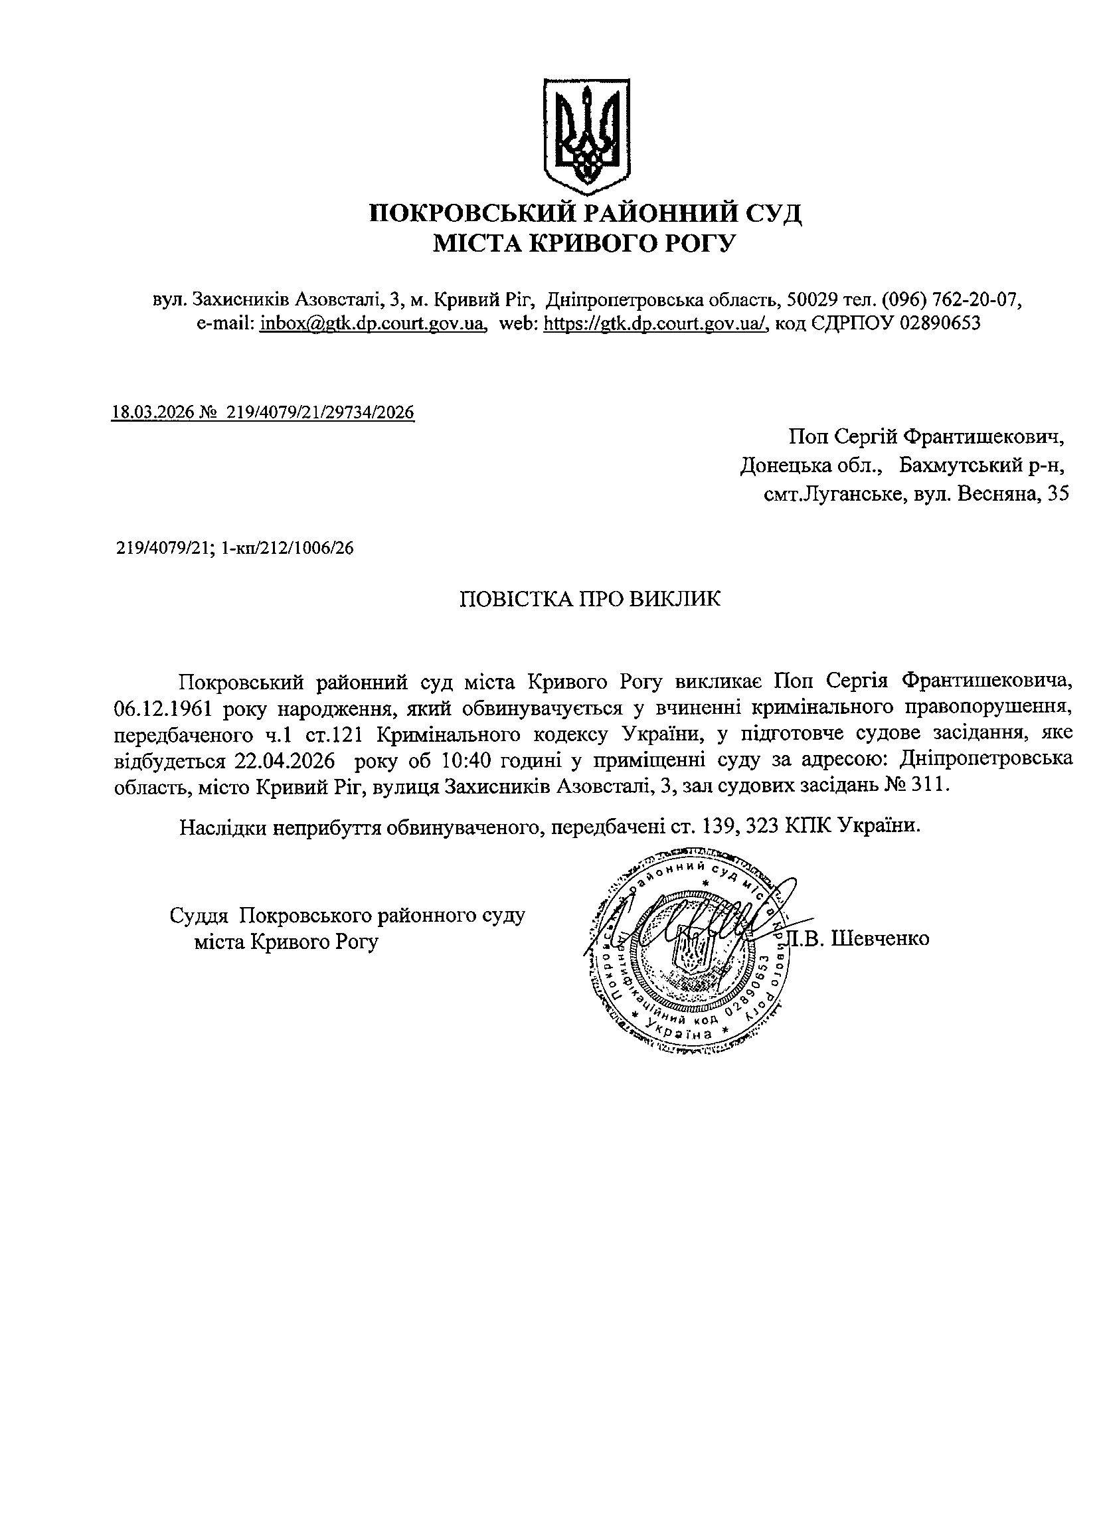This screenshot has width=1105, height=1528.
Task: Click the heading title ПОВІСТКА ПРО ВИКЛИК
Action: (590, 599)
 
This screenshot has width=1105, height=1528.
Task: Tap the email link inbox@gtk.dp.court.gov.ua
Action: (373, 323)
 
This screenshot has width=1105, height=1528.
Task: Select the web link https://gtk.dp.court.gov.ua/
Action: (655, 323)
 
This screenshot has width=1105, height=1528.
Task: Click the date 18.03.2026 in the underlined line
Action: (153, 412)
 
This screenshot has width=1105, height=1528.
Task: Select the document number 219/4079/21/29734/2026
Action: (321, 412)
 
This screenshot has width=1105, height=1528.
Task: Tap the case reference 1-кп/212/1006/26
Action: (287, 549)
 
